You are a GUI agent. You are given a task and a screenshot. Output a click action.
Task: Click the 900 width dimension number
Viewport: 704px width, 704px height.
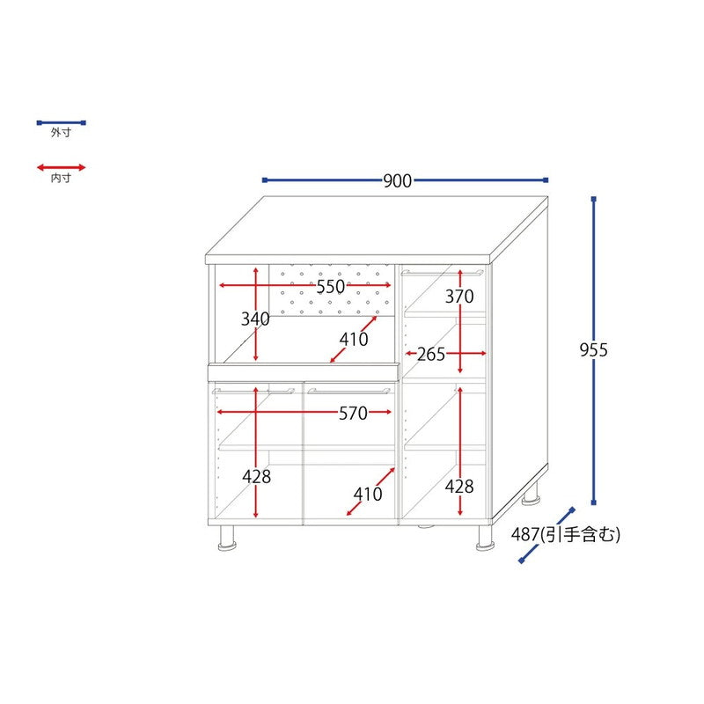point(398,181)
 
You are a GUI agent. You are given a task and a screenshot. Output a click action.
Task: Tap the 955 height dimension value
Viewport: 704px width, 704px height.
point(593,350)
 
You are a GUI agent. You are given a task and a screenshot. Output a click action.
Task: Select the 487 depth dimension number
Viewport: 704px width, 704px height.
point(525,534)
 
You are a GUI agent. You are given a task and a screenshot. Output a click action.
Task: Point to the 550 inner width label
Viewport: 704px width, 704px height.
point(331,287)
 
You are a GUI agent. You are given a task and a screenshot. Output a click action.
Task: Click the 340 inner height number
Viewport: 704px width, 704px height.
point(255,319)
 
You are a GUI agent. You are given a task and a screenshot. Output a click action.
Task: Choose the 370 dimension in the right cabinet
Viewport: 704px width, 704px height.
point(459,297)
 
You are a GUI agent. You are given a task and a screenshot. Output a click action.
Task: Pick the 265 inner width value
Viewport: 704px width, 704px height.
point(431,355)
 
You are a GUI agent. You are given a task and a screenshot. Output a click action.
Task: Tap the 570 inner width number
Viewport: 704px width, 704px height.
point(354,414)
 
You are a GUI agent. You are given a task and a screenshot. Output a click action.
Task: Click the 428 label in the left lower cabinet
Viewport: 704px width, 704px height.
point(257,477)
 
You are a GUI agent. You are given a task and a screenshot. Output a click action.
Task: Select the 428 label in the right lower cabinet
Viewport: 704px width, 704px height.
point(459,487)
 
